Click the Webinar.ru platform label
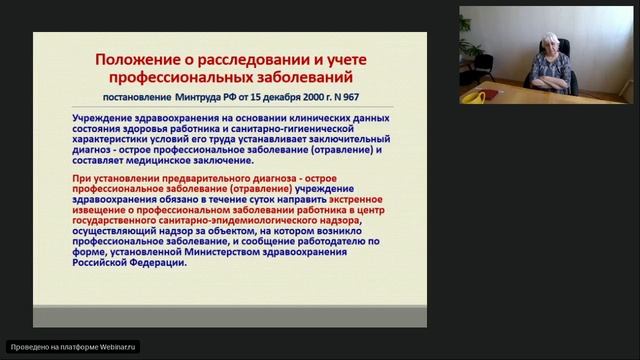73,347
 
